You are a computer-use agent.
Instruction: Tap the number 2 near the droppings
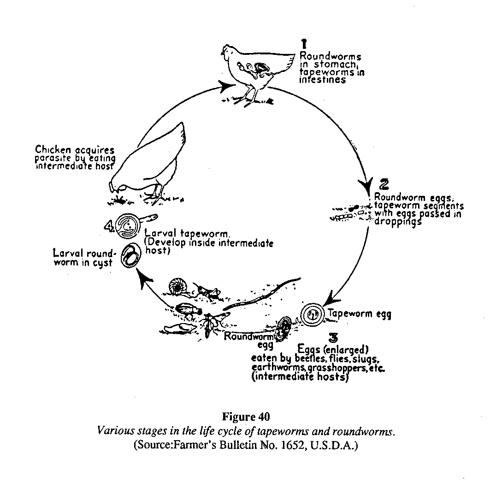click(x=384, y=184)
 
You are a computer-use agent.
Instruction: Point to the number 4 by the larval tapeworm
click(x=109, y=226)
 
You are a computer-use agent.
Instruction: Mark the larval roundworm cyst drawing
click(x=131, y=257)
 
